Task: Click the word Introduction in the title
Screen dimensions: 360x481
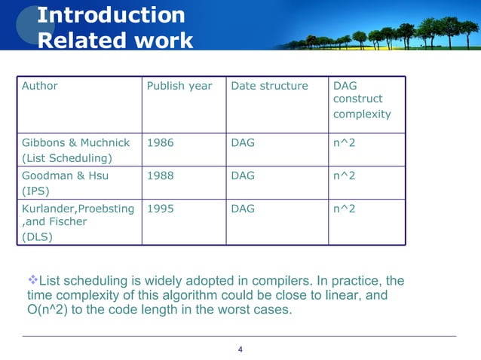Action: [111, 14]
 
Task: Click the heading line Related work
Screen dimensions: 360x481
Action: [115, 39]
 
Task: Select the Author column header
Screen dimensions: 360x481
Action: [40, 86]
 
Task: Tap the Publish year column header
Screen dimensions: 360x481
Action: [179, 86]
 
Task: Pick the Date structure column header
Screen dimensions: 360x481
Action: [269, 86]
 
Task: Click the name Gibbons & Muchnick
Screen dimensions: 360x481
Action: [75, 142]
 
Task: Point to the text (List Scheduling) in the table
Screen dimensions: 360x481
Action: [66, 157]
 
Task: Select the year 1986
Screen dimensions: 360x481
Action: [160, 142]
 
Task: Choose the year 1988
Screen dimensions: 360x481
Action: [160, 175]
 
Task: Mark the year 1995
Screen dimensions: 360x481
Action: [160, 208]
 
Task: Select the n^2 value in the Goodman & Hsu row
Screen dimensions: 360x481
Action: [344, 175]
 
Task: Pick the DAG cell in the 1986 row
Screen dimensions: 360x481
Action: [243, 142]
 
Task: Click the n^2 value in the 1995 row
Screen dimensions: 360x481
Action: [344, 208]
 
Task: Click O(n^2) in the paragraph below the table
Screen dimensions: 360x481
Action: [49, 310]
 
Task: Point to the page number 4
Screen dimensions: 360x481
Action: [240, 349]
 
